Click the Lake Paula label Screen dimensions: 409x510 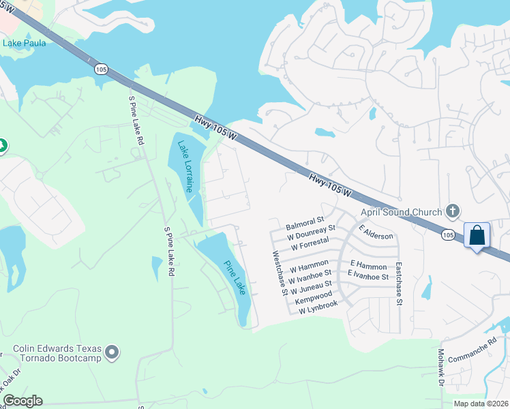[25, 44]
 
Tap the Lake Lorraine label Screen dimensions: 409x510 [185, 166]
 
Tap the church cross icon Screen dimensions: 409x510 [451, 210]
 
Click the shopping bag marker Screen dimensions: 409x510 [477, 235]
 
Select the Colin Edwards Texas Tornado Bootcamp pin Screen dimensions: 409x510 [112, 352]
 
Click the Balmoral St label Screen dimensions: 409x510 [305, 223]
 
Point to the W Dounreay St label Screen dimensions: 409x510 [312, 232]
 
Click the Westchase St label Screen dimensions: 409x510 [280, 273]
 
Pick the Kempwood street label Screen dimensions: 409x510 [314, 297]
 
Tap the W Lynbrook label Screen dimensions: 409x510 [318, 307]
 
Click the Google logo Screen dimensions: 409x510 [22, 401]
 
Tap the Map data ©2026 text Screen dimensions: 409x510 [480, 404]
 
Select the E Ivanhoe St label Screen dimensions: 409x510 [368, 276]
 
